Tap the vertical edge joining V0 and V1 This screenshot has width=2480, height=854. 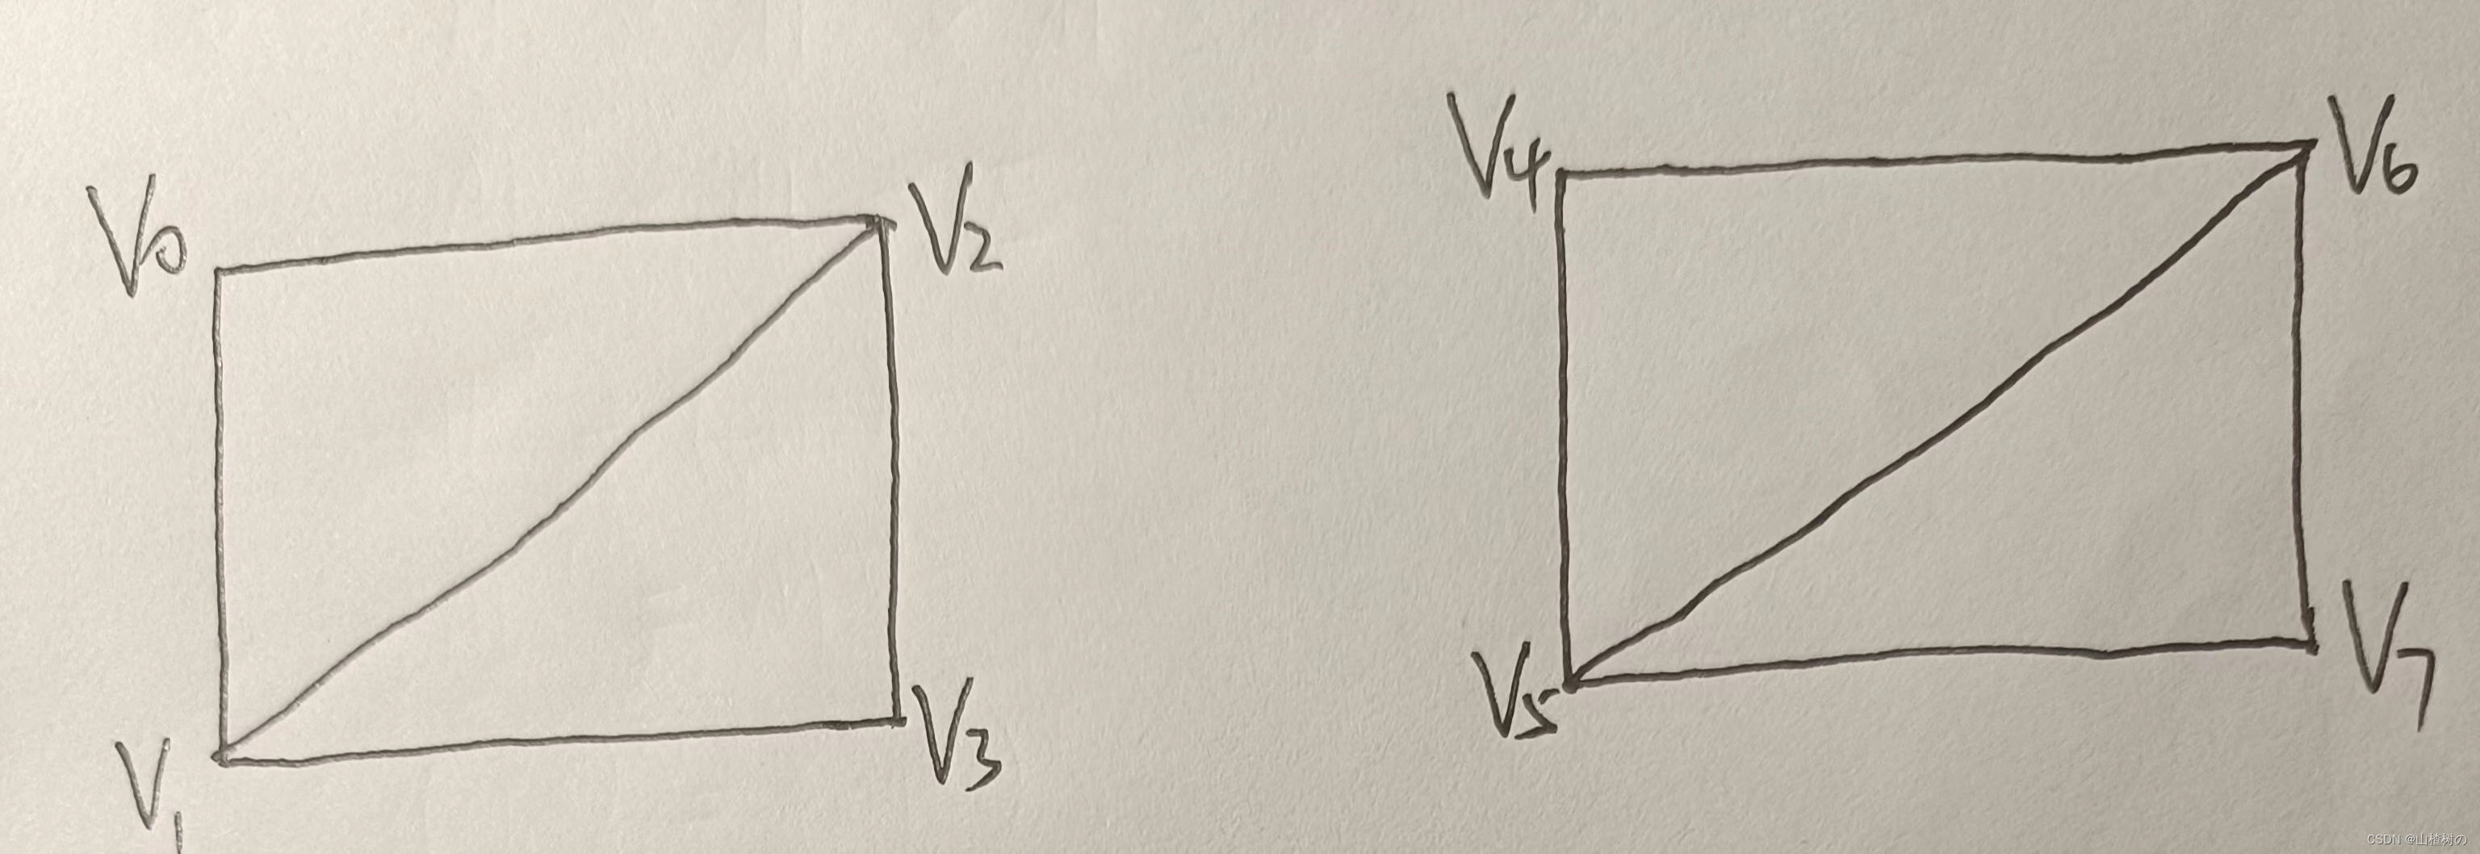pyautogui.click(x=220, y=510)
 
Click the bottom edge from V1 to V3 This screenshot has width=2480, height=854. pyautogui.click(x=559, y=741)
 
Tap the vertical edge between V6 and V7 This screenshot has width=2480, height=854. pyautogui.click(x=2305, y=395)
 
